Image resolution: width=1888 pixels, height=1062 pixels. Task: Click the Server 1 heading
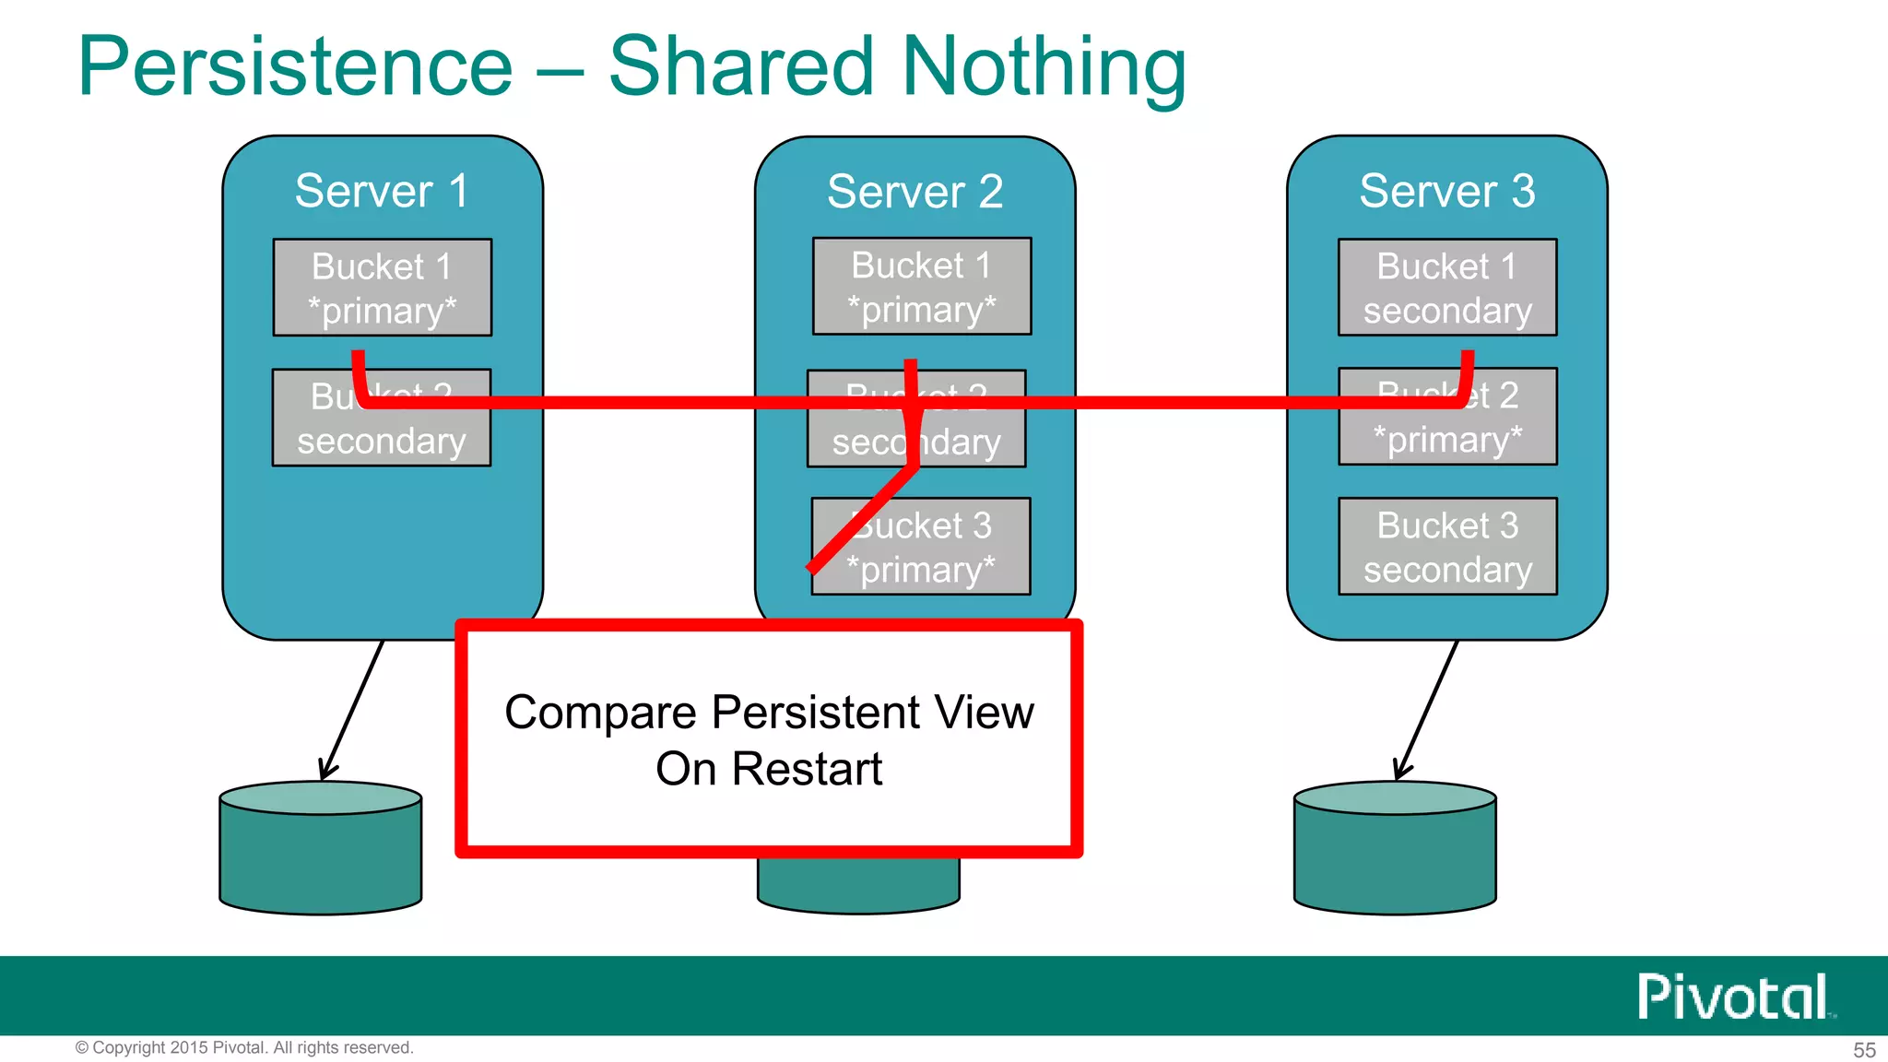pyautogui.click(x=382, y=191)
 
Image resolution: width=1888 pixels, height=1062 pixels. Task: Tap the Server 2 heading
pyautogui.click(x=914, y=192)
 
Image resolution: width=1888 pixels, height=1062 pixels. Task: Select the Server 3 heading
pyautogui.click(x=1446, y=191)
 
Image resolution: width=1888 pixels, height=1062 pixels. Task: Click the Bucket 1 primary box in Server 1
pyautogui.click(x=382, y=288)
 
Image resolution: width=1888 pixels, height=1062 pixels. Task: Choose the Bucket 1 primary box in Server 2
pyautogui.click(x=921, y=287)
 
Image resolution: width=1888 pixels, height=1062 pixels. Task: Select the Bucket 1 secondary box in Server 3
pyautogui.click(x=1447, y=288)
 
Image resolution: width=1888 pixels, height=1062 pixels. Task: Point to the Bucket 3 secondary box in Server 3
pyautogui.click(x=1447, y=547)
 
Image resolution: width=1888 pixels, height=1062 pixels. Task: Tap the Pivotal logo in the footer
pyautogui.click(x=1734, y=997)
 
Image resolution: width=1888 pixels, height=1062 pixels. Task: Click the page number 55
pyautogui.click(x=1864, y=1050)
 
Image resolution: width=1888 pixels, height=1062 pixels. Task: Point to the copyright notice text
pyautogui.click(x=244, y=1048)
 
